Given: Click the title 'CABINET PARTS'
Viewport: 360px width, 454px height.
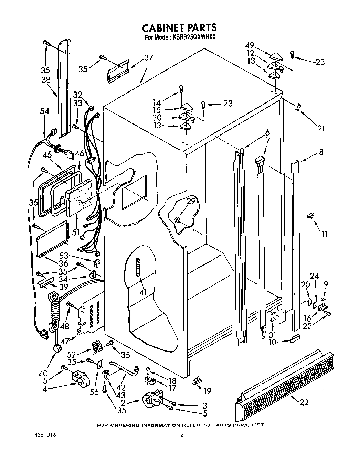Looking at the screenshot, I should (179, 28).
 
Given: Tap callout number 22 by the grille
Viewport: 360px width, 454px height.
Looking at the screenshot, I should (304, 402).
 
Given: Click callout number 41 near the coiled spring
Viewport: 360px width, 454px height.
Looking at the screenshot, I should (142, 292).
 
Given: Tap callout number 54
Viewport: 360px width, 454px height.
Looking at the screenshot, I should (45, 111).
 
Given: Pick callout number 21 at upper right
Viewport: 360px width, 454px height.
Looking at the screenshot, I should (321, 129).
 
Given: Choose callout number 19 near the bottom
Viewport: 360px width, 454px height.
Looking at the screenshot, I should (207, 390).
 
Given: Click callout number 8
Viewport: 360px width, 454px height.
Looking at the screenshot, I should (321, 151).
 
